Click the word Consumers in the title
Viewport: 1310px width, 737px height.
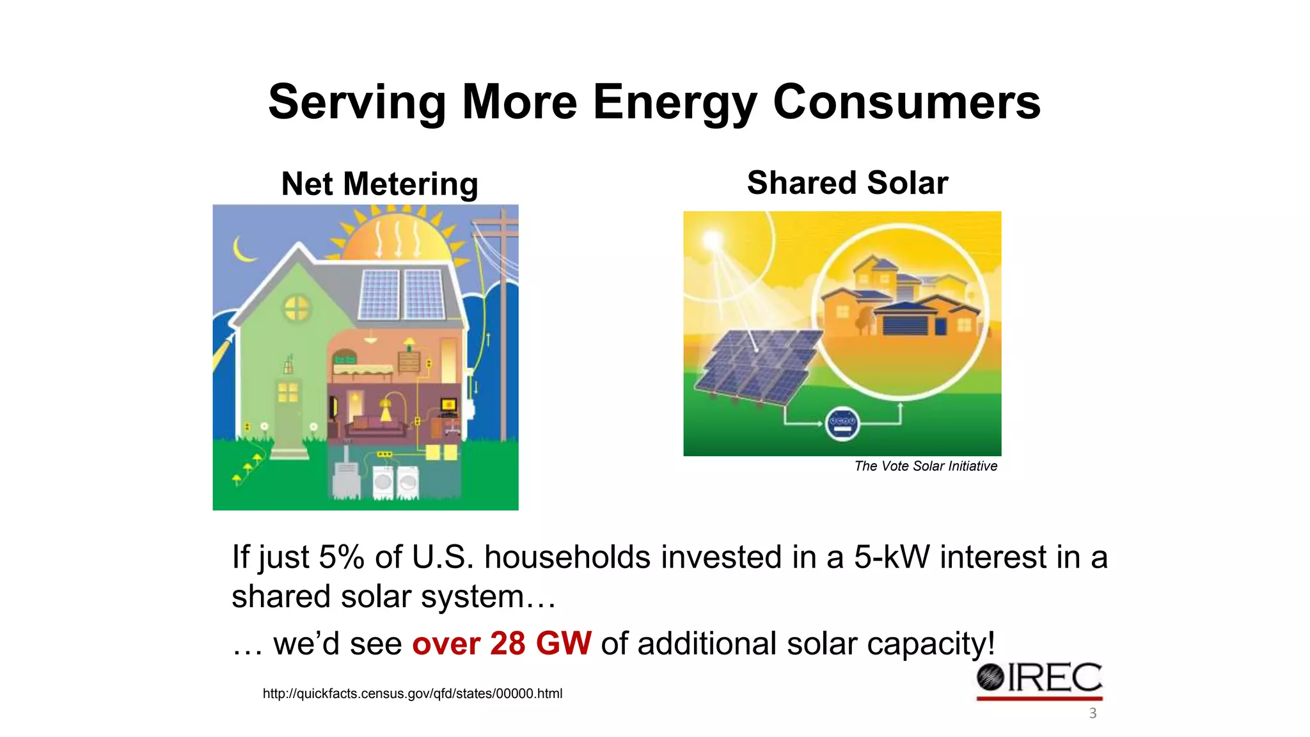click(906, 102)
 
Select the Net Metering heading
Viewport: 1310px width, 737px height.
click(379, 184)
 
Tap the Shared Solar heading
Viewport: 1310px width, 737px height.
click(847, 183)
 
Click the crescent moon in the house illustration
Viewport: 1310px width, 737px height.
click(243, 250)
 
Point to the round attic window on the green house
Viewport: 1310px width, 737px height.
click(296, 308)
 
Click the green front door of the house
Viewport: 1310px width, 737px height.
click(288, 409)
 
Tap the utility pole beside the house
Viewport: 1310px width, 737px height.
click(503, 320)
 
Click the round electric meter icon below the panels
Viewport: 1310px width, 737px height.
click(842, 423)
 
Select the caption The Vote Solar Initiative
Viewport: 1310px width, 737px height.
click(925, 466)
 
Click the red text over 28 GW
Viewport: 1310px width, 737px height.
click(501, 644)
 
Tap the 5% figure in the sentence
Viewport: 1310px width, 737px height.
click(341, 557)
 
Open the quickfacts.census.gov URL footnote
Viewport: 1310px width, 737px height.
click(412, 693)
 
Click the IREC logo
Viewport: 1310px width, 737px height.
click(1039, 679)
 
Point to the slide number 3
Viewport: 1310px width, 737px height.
click(1093, 713)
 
